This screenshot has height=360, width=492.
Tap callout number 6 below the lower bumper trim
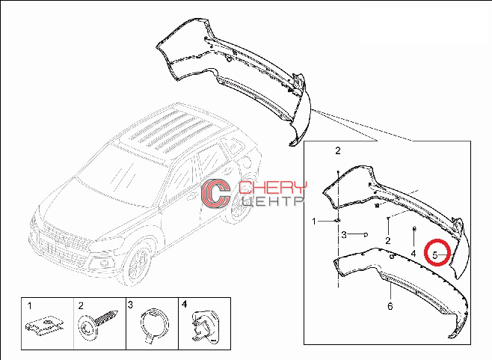(x=390, y=306)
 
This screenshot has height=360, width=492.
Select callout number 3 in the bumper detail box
(x=344, y=234)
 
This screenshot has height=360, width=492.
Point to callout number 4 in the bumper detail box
(x=413, y=253)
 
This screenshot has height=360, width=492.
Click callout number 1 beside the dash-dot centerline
(x=314, y=222)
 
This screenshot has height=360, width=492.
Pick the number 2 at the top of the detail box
(x=338, y=150)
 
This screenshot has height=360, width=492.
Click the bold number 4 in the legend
(x=184, y=304)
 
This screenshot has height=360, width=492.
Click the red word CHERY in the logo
(x=272, y=188)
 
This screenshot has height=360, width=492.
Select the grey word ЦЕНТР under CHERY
(x=272, y=201)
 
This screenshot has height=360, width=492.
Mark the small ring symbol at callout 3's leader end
(x=366, y=235)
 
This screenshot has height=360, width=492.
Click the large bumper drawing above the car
(x=234, y=79)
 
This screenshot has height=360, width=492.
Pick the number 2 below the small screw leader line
(x=388, y=241)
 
